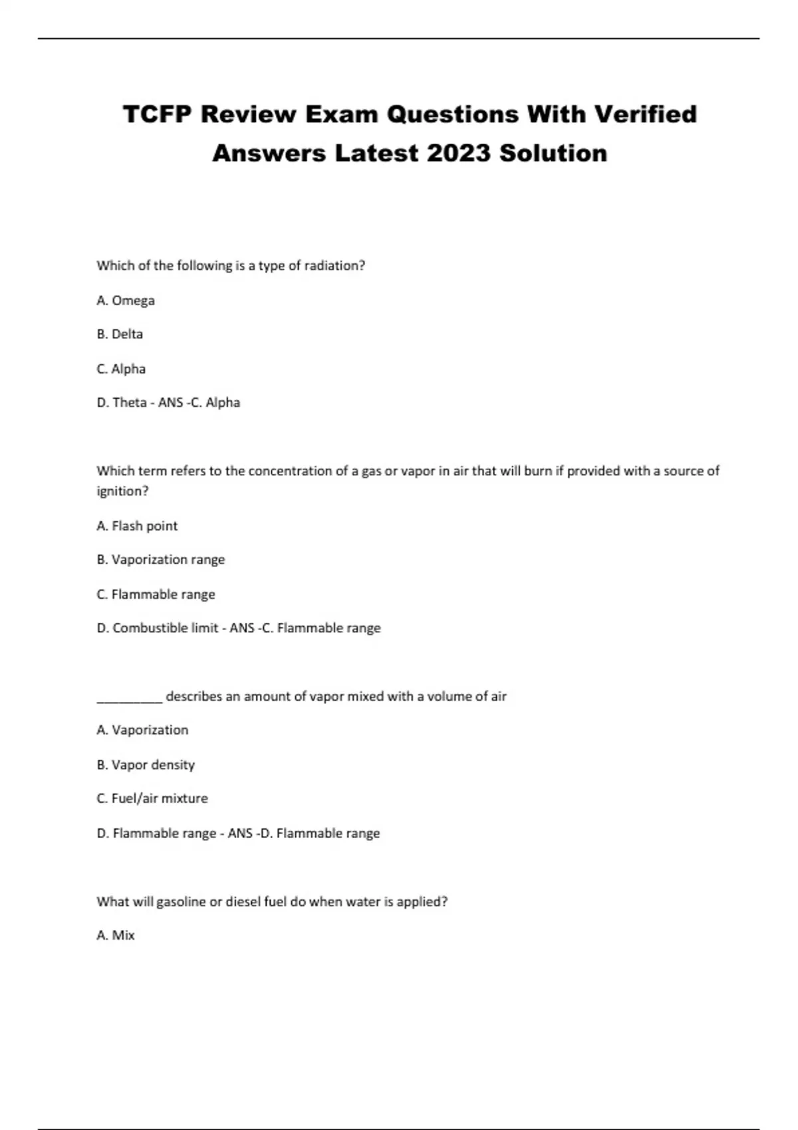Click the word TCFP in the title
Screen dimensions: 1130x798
158,114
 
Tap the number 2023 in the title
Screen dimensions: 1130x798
458,154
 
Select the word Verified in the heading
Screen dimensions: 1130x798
645,114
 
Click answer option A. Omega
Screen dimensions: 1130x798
126,300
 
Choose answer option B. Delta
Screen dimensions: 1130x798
120,334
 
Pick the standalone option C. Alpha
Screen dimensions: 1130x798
121,369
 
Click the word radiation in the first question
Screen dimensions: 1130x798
334,266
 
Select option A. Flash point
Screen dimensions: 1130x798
137,526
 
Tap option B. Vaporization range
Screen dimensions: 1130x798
161,560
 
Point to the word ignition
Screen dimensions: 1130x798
122,492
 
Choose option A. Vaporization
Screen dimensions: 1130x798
142,731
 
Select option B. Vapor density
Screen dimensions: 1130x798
146,765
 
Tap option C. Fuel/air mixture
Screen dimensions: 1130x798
152,798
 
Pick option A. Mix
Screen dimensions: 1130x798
116,935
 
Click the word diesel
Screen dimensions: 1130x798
243,902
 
